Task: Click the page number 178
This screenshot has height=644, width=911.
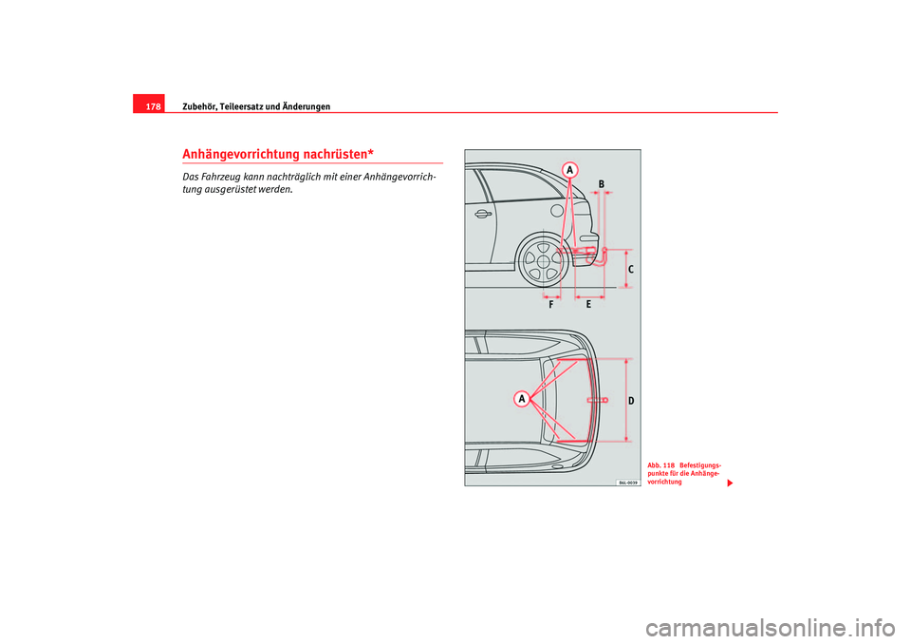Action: pyautogui.click(x=152, y=105)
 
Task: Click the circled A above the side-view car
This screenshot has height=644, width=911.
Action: pyautogui.click(x=569, y=169)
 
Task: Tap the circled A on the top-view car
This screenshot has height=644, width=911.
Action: pyautogui.click(x=521, y=399)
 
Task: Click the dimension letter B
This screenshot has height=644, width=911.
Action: pyautogui.click(x=601, y=182)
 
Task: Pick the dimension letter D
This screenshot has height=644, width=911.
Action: pyautogui.click(x=631, y=402)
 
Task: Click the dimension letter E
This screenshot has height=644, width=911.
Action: pyautogui.click(x=588, y=305)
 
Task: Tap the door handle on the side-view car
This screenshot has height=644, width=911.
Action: pyautogui.click(x=483, y=214)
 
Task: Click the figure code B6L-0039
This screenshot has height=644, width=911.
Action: pyautogui.click(x=622, y=481)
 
